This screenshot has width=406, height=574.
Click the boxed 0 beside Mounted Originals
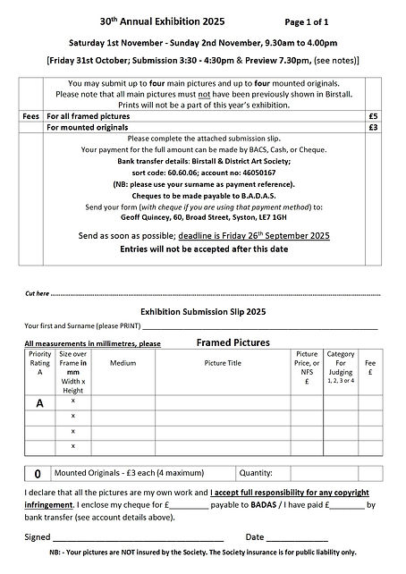click(x=37, y=473)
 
